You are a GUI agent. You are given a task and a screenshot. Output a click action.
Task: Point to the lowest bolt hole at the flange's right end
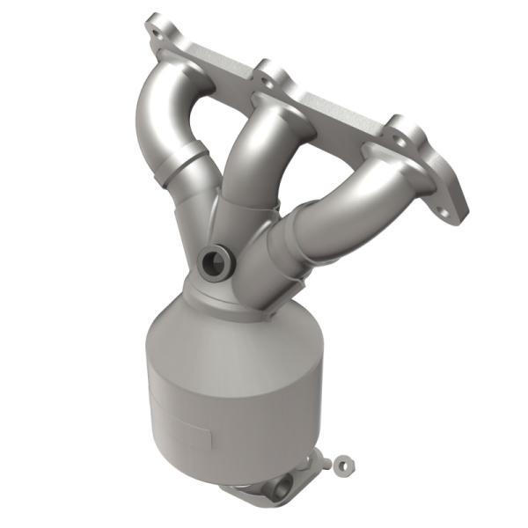click(452, 210)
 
